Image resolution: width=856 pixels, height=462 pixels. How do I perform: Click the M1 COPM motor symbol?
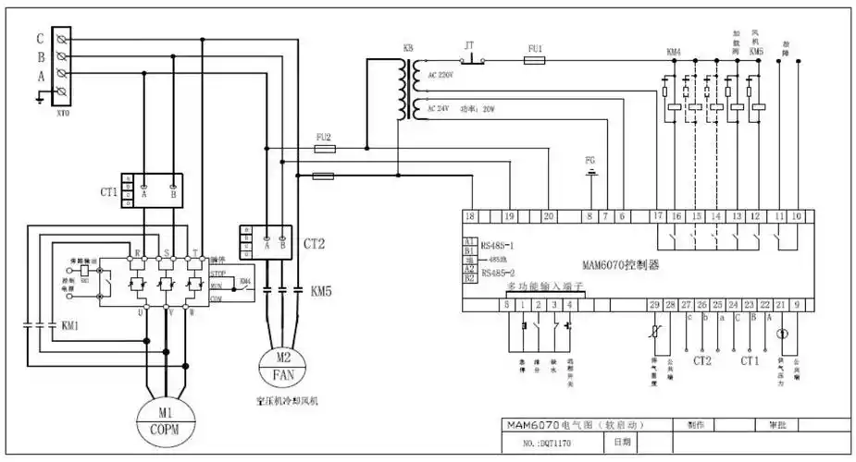tap(166, 419)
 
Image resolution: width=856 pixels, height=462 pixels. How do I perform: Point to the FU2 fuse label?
tap(323, 136)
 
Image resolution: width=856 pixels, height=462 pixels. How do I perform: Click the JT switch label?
tap(469, 44)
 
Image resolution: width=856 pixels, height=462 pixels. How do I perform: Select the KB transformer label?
tap(408, 47)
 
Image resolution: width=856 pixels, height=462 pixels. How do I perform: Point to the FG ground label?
tap(590, 160)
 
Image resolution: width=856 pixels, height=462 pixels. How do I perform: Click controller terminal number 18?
tap(470, 216)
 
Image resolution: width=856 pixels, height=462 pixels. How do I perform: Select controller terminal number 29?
tap(654, 304)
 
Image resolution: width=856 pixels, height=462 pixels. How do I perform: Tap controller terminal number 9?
tap(796, 304)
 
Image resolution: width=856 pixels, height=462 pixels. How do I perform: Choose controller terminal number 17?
tap(657, 216)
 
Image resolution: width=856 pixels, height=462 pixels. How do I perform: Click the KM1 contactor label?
tap(70, 325)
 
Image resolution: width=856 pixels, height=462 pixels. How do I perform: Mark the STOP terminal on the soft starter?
tap(218, 274)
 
